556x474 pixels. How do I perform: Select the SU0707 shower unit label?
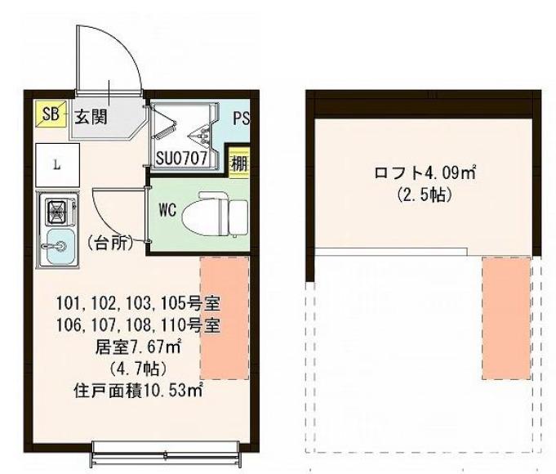(186, 157)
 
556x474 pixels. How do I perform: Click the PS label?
(241, 118)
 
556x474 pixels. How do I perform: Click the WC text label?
(168, 210)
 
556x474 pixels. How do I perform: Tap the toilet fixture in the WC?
(214, 214)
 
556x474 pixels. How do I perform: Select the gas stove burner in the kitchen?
(58, 212)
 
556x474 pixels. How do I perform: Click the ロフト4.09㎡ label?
(425, 173)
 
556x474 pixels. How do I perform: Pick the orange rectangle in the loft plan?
(505, 317)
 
